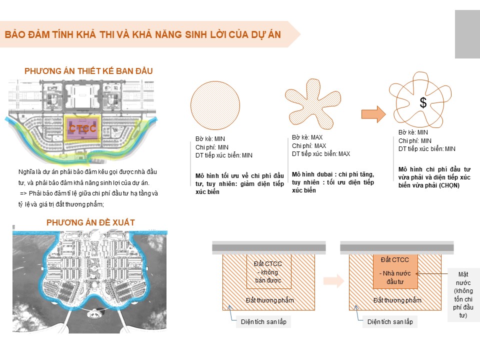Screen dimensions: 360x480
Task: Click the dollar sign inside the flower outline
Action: (423, 103)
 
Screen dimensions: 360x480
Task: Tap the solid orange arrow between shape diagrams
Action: (373, 113)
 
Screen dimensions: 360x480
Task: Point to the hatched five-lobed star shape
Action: (312, 104)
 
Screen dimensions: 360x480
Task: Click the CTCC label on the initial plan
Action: (82, 128)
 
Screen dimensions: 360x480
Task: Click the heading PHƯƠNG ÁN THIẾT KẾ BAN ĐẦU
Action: (88, 71)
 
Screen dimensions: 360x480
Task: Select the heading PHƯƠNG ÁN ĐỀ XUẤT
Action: (90, 222)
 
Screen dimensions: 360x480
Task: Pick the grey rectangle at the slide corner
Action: (467, 34)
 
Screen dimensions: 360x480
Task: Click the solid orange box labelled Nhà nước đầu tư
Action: (394, 270)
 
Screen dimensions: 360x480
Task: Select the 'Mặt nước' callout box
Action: (463, 294)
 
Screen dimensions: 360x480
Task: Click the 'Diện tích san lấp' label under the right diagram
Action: (390, 322)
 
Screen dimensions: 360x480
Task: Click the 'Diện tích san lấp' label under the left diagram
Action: (263, 322)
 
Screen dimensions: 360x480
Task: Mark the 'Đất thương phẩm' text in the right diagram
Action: (397, 300)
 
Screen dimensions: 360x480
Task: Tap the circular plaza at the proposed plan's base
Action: (90, 316)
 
